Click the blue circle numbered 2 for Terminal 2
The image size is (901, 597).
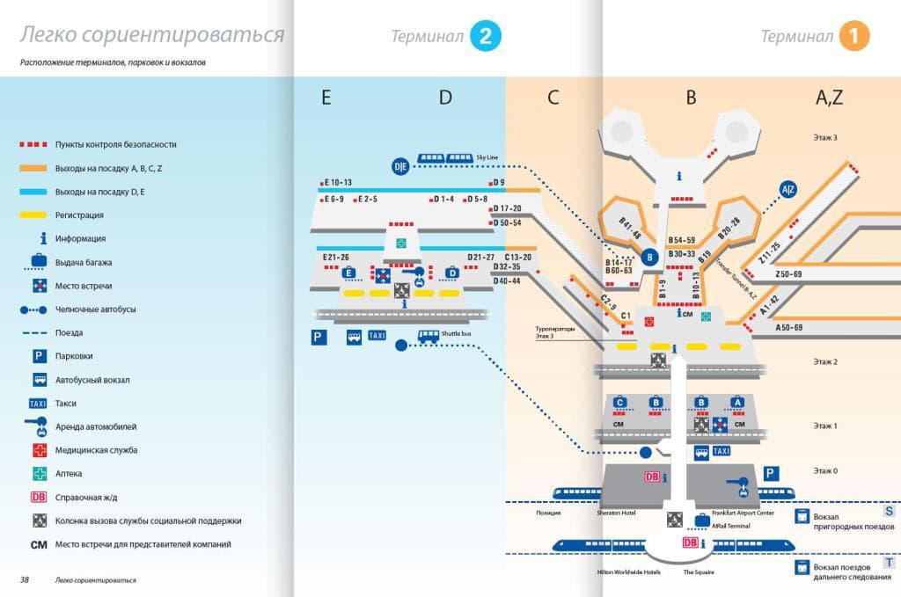tap(486, 36)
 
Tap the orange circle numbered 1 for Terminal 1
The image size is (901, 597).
tap(854, 36)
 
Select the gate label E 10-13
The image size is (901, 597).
tap(337, 182)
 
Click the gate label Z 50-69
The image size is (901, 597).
tap(788, 274)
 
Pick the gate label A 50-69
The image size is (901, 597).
tap(788, 327)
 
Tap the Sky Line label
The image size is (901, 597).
tap(487, 157)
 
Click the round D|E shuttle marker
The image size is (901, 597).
tap(400, 165)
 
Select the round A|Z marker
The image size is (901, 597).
tap(788, 188)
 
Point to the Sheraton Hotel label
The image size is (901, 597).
tap(616, 513)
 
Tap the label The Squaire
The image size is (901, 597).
tap(698, 572)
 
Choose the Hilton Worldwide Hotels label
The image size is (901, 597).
tap(629, 572)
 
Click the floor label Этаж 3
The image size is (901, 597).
tap(824, 138)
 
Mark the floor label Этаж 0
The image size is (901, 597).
tap(824, 470)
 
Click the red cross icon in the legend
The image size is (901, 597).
tap(39, 450)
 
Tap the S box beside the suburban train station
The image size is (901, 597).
tap(890, 511)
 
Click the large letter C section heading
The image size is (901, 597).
tap(553, 98)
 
